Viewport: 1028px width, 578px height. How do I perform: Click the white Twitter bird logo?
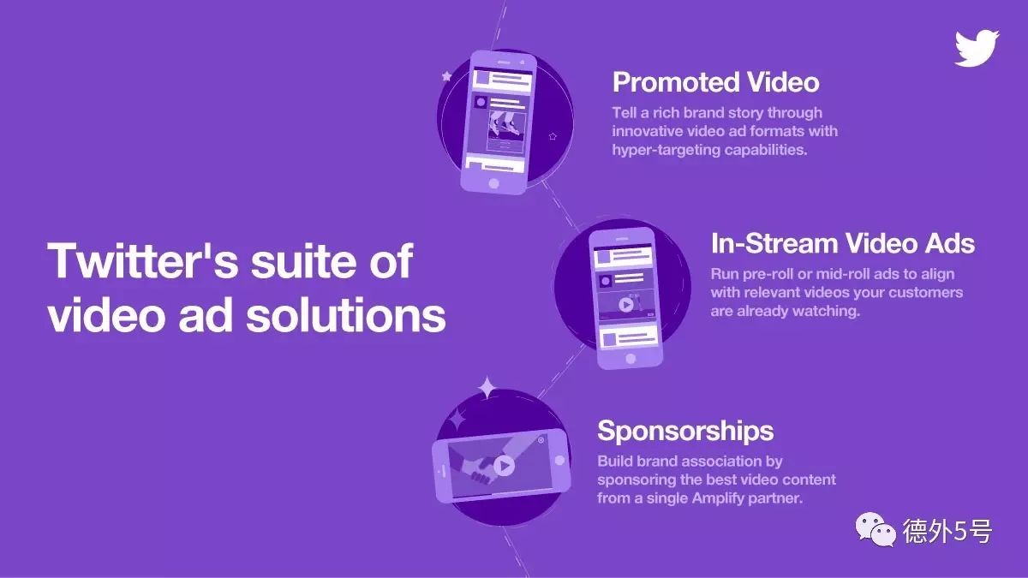click(x=977, y=48)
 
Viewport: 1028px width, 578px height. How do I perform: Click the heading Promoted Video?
click(x=716, y=82)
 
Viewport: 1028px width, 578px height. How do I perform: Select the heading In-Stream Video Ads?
click(x=843, y=243)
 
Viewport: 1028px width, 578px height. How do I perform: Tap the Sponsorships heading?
click(x=685, y=432)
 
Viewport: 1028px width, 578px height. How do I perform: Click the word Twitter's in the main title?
click(x=143, y=260)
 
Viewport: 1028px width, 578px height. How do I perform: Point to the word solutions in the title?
click(x=346, y=315)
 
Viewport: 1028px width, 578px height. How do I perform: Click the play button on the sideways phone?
click(x=504, y=466)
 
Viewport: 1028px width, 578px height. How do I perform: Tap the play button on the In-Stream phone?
click(x=625, y=304)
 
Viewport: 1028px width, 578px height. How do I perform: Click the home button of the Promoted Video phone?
click(x=493, y=183)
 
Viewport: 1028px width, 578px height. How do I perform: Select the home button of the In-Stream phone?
click(x=631, y=359)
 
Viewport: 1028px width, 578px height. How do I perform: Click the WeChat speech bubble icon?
click(x=876, y=529)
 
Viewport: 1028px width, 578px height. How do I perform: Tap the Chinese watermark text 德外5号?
click(x=947, y=531)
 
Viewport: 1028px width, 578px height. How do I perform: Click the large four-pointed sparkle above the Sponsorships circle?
click(x=487, y=388)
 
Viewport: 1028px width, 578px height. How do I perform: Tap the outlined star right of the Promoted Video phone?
click(x=553, y=136)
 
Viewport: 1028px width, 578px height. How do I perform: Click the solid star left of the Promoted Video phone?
click(x=446, y=76)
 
